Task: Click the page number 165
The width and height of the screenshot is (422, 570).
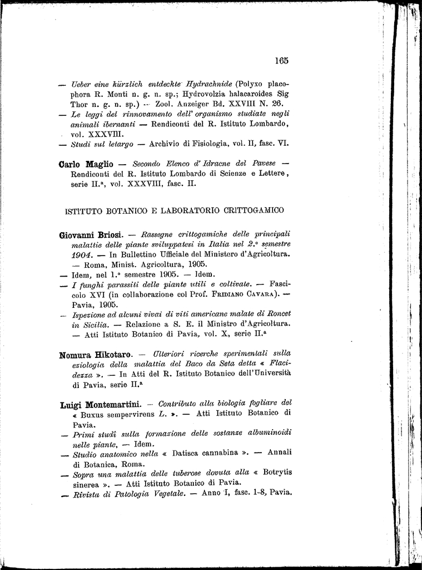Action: click(x=281, y=61)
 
